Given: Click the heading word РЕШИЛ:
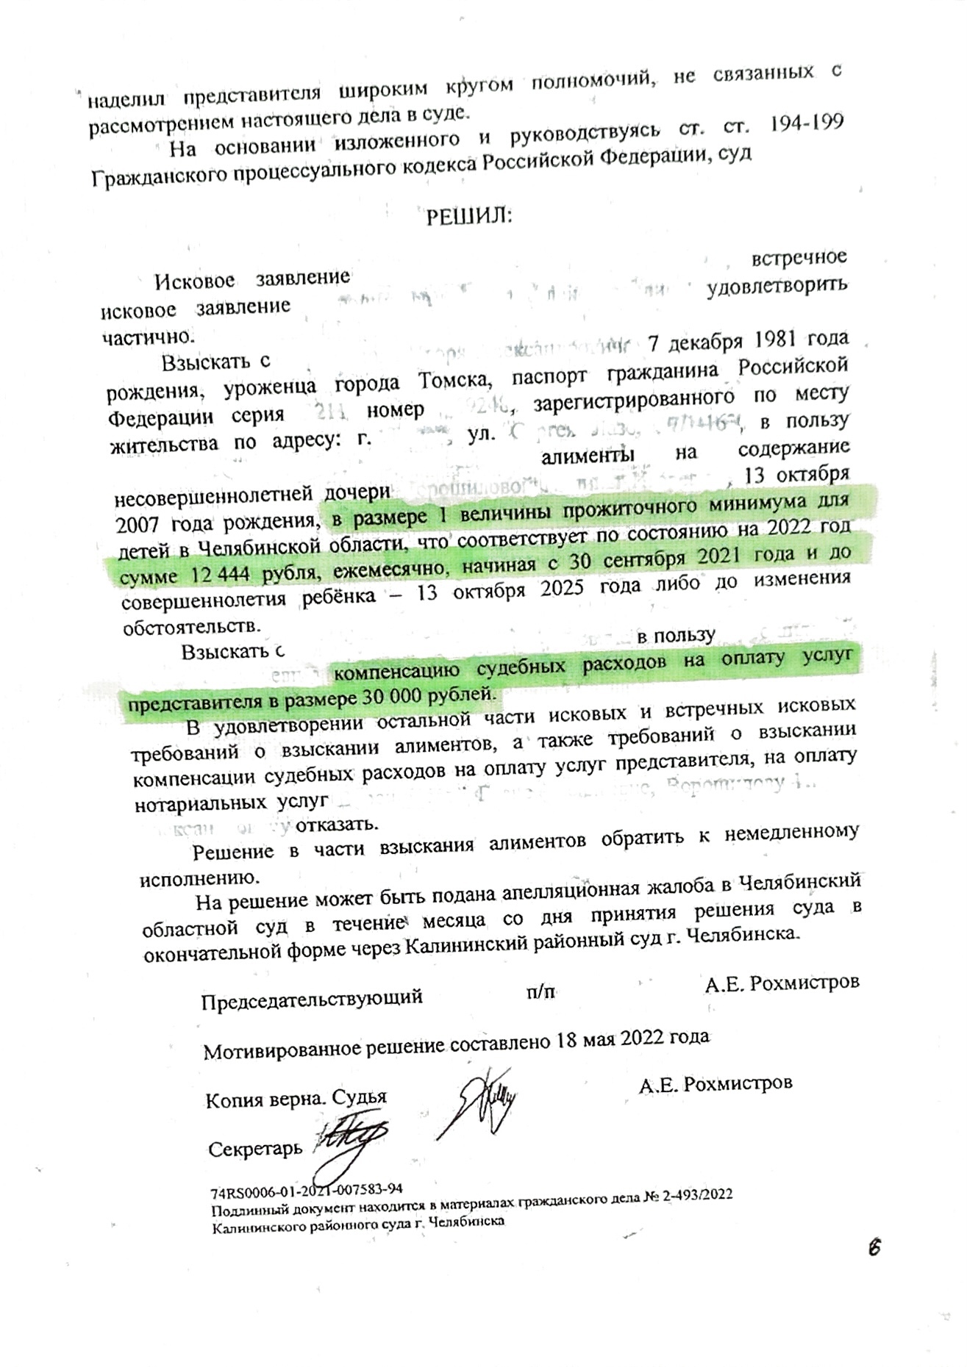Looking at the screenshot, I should point(469,217).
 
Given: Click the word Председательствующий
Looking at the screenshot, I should point(312,997).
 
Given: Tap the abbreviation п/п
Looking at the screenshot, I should point(540,991).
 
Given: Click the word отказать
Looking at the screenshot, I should point(337,823).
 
